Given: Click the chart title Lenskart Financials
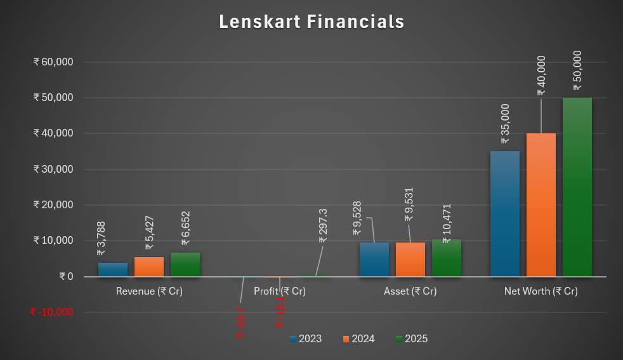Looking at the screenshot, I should click(311, 22).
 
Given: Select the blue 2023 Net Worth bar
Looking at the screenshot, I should click(505, 213).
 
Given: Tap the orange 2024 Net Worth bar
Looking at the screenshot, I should click(541, 204).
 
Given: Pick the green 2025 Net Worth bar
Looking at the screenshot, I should click(577, 187).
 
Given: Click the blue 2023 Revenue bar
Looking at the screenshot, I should click(113, 270).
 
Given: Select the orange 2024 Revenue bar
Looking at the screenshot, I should click(149, 267).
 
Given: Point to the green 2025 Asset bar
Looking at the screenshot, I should click(447, 258).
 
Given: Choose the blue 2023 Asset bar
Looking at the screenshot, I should click(374, 260).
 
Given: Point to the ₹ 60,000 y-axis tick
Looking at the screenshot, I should click(53, 62).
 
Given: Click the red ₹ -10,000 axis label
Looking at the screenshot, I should click(51, 312).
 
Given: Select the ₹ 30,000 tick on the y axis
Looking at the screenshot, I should click(53, 170).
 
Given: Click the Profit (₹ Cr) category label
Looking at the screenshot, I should click(280, 291).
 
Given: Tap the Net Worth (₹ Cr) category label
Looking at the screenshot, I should click(541, 291).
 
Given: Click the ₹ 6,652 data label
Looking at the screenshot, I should click(185, 229).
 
